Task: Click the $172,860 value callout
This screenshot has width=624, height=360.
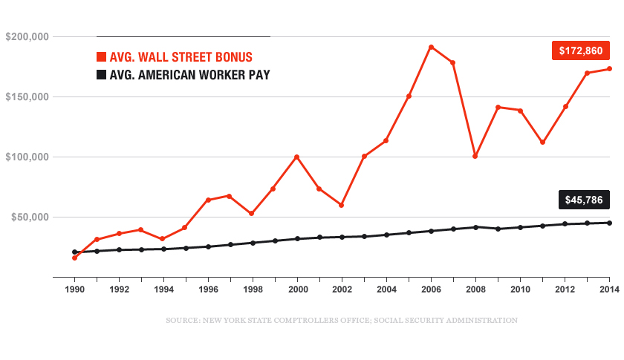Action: [581, 50]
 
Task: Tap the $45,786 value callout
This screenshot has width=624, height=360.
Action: [585, 200]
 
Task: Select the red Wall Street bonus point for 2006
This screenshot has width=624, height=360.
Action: [431, 47]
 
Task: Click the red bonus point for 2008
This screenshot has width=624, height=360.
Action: [475, 156]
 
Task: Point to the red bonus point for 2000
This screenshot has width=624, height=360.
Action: [297, 157]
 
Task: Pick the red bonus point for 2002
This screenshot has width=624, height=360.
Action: [342, 205]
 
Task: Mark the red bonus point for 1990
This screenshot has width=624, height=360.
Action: [74, 258]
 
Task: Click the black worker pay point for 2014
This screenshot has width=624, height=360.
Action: [609, 223]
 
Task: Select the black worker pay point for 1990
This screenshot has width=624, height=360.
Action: [74, 252]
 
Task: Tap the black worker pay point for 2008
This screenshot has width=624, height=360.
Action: [475, 226]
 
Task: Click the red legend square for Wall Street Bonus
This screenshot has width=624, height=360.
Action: [102, 57]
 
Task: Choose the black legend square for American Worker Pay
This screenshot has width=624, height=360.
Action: [102, 75]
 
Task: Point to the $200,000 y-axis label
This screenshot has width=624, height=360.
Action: [27, 36]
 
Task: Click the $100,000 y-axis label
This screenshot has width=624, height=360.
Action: [27, 157]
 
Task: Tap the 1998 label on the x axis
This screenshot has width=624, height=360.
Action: [253, 289]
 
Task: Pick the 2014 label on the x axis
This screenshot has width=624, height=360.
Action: [609, 289]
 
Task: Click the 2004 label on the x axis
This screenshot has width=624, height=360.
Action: [386, 289]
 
